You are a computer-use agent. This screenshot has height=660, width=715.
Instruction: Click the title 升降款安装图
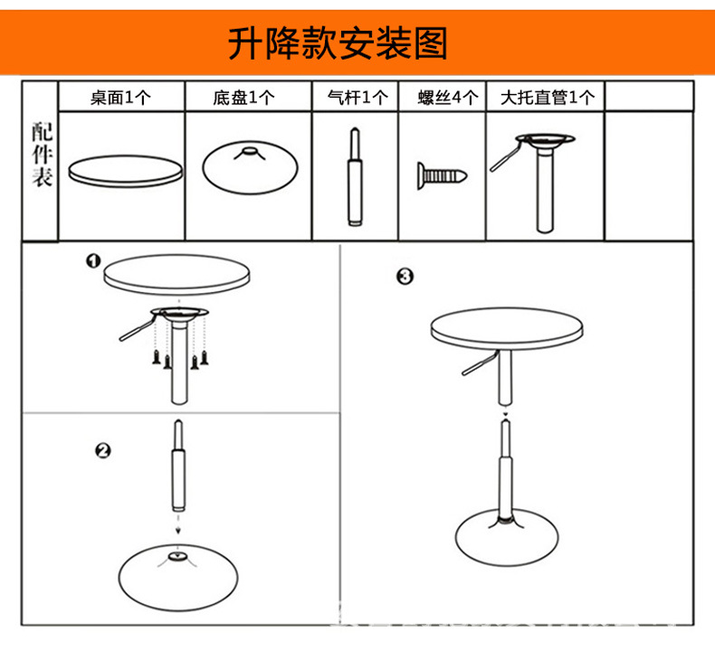(338, 42)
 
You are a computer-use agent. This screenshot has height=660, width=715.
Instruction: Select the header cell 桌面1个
(120, 98)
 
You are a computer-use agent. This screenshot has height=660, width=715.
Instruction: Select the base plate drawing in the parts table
(248, 167)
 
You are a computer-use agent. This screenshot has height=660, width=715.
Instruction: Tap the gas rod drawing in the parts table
(354, 178)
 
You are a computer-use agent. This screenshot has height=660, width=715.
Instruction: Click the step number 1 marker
(92, 261)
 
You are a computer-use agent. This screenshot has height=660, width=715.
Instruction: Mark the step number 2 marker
(103, 450)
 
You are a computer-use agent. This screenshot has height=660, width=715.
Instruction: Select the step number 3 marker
(405, 277)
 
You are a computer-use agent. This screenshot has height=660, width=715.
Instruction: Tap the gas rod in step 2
(179, 469)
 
